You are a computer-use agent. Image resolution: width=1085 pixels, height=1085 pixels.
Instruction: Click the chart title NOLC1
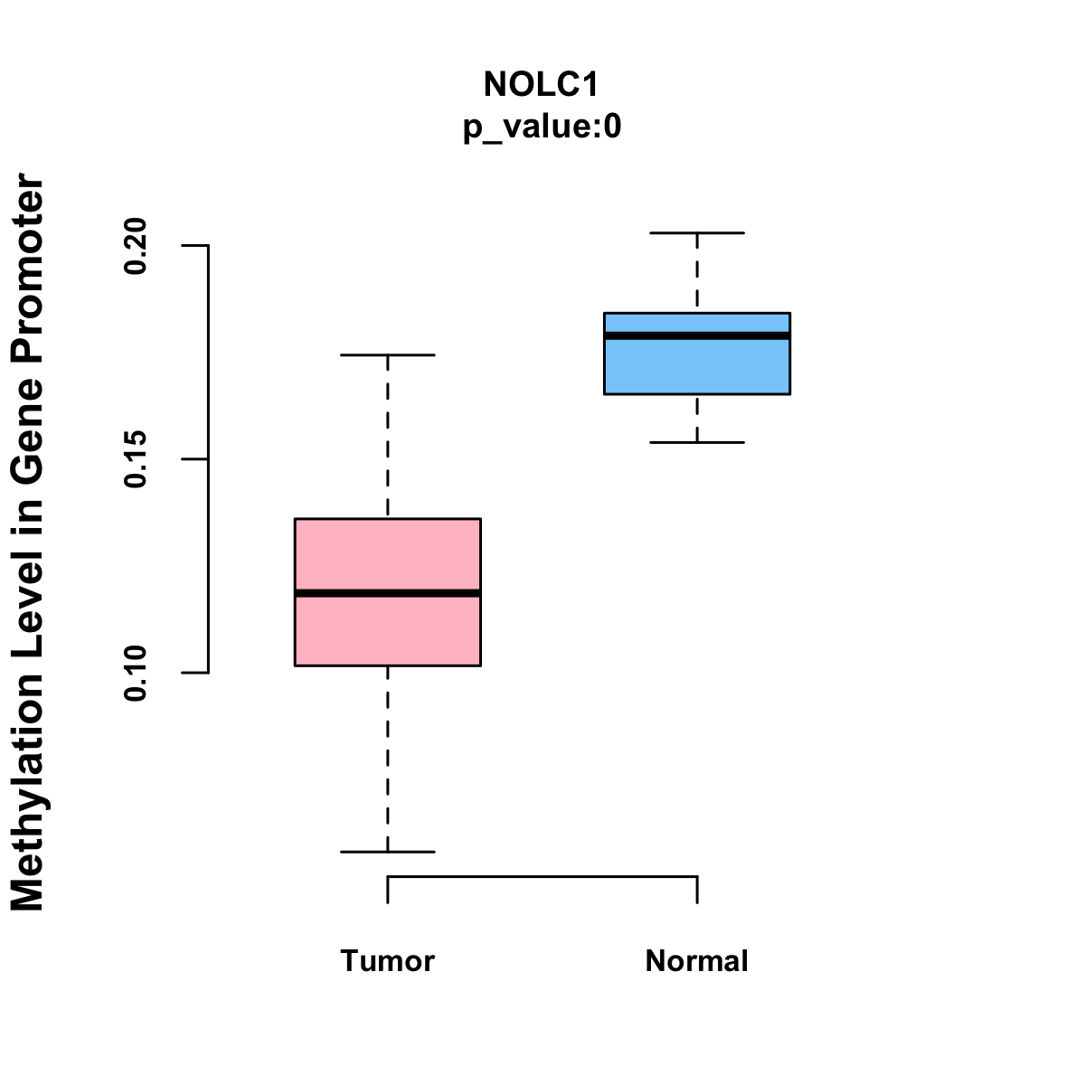tap(542, 85)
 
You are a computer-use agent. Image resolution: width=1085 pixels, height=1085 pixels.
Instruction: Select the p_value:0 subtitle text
tap(542, 127)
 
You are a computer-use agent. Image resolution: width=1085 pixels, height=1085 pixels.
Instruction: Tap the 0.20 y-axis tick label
tap(136, 245)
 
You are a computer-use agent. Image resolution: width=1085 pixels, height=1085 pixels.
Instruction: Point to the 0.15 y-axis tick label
tap(136, 459)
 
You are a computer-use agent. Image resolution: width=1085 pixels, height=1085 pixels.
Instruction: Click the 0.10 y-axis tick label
tap(136, 673)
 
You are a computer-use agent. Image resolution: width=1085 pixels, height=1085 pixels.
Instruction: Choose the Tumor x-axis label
tap(388, 961)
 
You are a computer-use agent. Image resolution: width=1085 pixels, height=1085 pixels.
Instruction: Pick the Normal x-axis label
tap(697, 961)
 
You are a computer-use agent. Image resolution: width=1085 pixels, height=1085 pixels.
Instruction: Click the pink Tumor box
tap(388, 552)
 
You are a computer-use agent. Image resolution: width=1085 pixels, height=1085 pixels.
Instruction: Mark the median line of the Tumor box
tap(388, 593)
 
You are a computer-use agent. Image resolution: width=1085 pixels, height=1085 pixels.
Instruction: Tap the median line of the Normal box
tap(697, 335)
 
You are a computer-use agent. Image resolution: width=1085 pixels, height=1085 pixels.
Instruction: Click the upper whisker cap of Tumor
tap(388, 355)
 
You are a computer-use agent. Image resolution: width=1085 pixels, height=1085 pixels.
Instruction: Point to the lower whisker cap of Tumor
tap(388, 852)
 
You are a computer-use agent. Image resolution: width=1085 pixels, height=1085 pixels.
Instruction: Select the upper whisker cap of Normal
tap(697, 233)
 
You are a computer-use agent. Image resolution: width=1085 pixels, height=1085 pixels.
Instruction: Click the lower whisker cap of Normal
tap(697, 442)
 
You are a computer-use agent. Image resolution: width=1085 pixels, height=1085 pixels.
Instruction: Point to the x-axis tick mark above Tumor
tap(388, 890)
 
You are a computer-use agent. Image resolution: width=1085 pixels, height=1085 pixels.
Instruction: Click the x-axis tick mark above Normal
tap(697, 890)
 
